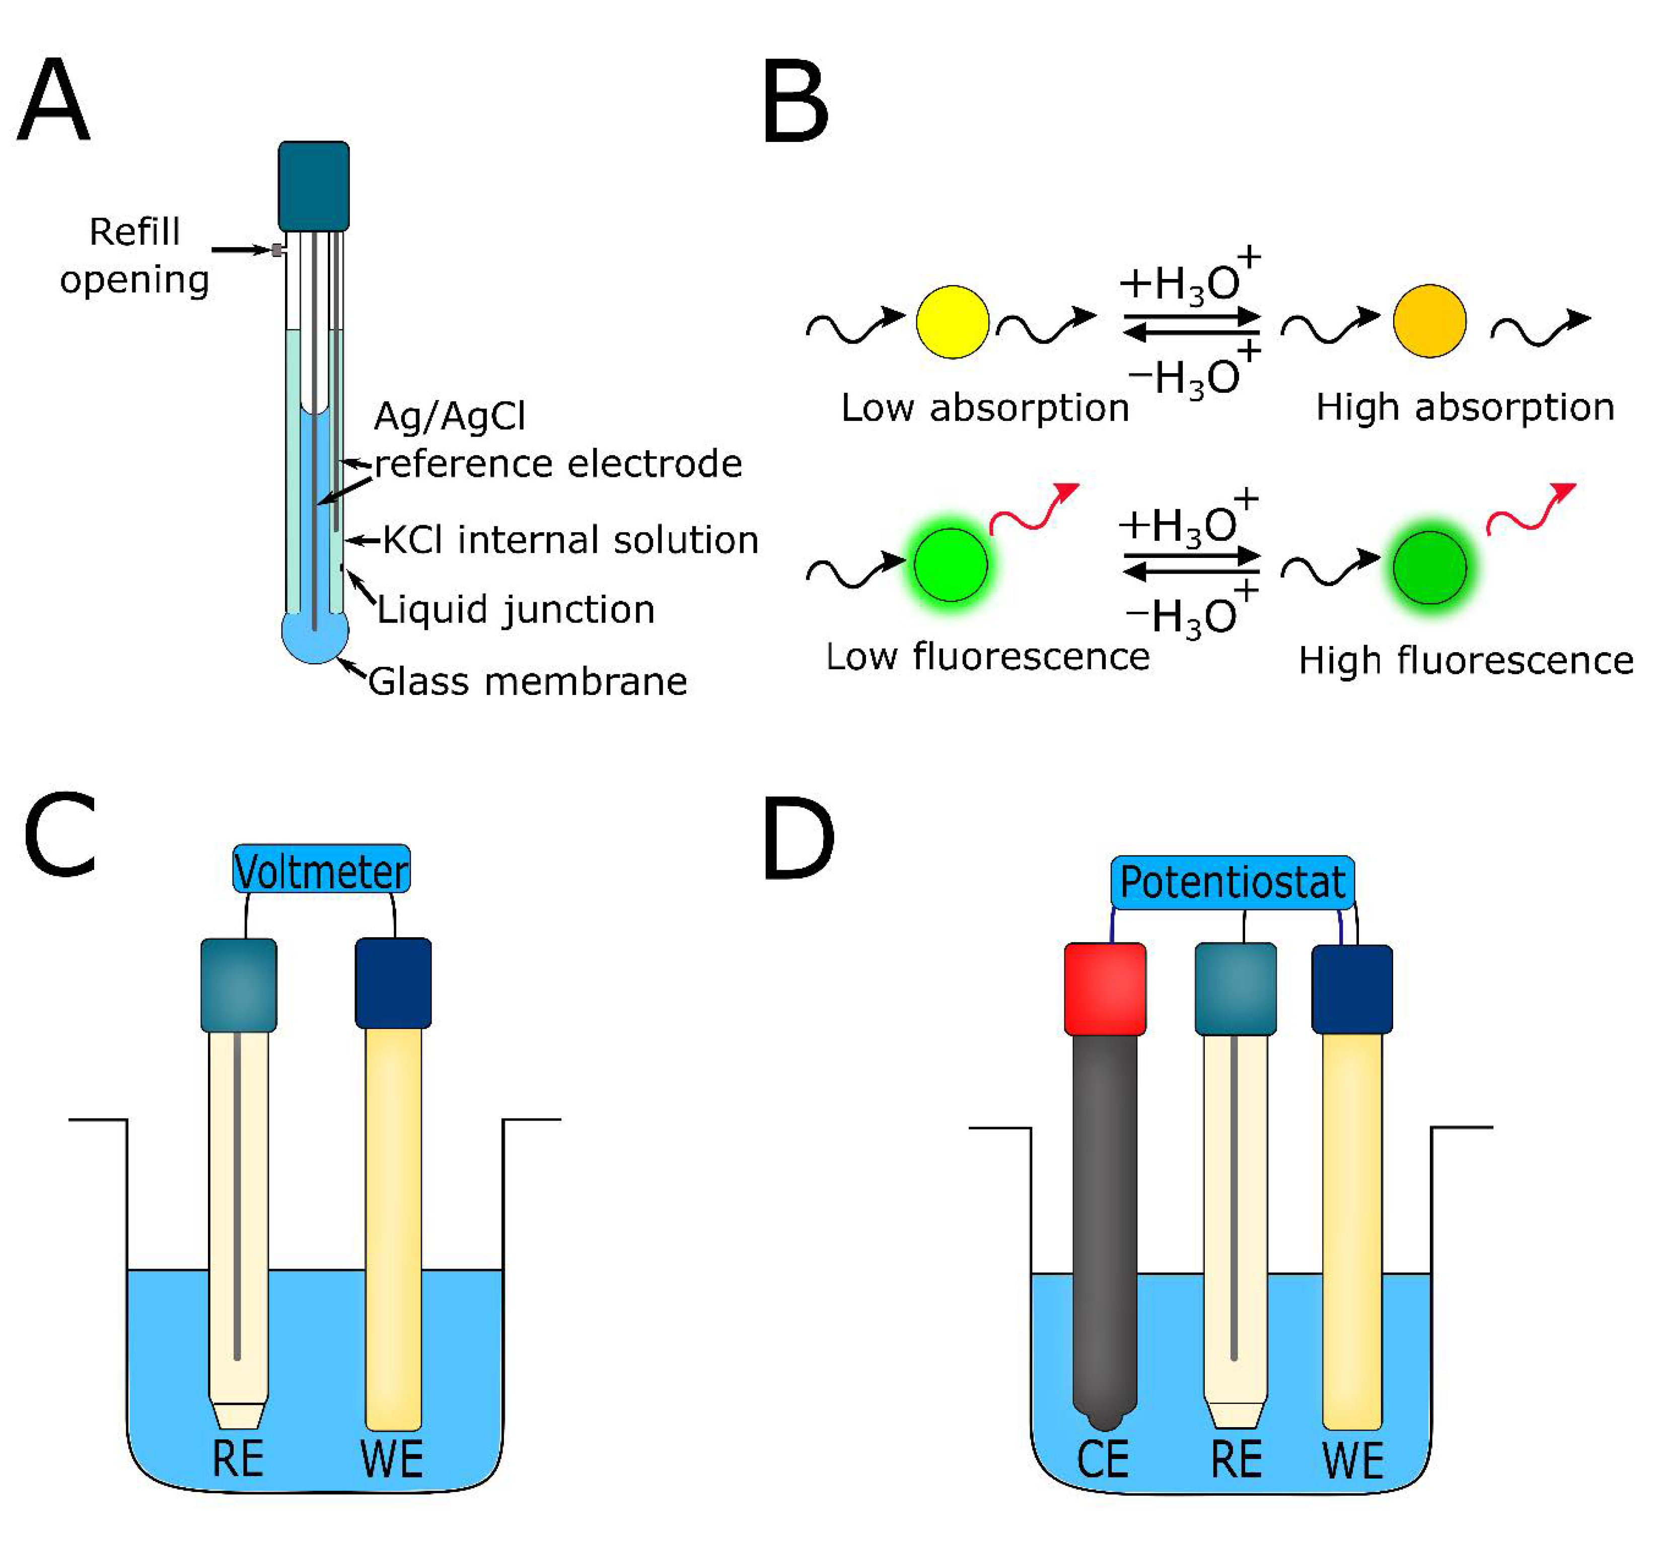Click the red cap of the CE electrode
1105,989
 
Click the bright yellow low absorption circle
953,322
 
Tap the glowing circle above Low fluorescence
951,565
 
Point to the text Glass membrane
528,681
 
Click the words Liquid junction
516,609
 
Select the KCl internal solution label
570,540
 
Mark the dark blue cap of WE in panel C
393,982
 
